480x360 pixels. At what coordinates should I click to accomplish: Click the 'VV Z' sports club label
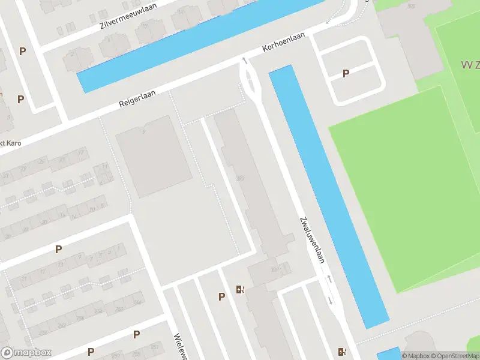tap(469, 65)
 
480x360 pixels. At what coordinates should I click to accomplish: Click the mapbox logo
tap(26, 353)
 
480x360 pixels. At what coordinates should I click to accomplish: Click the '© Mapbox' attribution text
tap(413, 355)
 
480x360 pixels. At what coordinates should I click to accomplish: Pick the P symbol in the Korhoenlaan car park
tap(346, 73)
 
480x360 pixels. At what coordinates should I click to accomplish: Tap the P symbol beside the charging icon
tap(222, 296)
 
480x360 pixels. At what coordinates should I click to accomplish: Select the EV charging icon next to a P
tap(241, 290)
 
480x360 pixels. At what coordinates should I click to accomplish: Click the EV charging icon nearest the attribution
tap(342, 352)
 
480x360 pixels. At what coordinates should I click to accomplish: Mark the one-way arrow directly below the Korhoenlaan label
tap(244, 60)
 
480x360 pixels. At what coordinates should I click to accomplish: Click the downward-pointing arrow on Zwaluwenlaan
tap(329, 299)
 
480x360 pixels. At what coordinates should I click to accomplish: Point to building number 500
tap(411, 6)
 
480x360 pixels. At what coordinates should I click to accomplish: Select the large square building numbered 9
tap(154, 156)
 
